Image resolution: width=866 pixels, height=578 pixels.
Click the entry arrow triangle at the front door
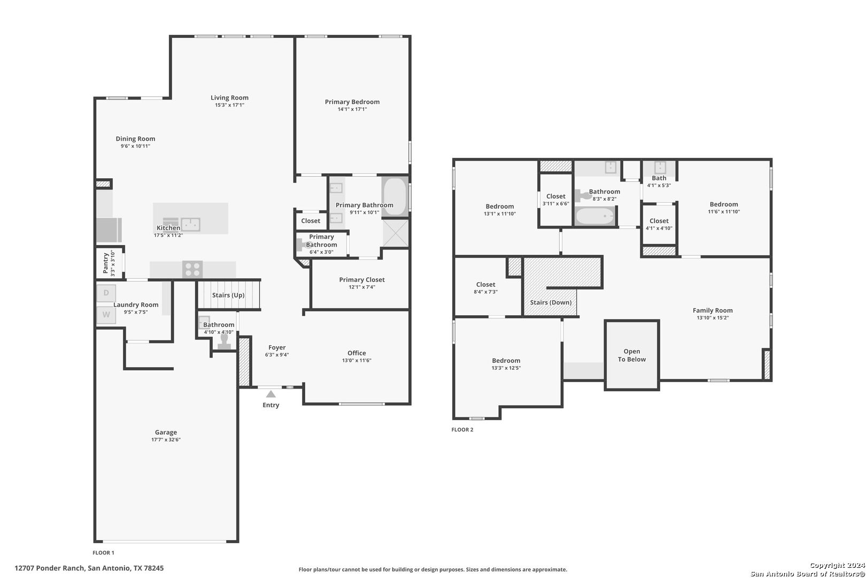[x=270, y=394]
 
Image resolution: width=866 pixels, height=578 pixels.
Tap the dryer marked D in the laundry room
[x=106, y=293]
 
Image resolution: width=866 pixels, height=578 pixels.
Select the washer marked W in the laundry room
[x=106, y=315]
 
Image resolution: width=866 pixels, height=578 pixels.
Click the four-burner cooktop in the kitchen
[x=192, y=269]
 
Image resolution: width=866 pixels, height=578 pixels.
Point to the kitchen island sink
[x=191, y=224]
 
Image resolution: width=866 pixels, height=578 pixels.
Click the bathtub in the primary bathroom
[x=395, y=196]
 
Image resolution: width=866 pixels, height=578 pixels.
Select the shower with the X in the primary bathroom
[x=396, y=233]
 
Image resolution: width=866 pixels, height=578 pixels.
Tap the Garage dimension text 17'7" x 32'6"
[x=166, y=439]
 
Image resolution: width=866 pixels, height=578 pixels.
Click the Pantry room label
[x=105, y=263]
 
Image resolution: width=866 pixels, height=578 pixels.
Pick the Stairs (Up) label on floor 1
[x=228, y=295]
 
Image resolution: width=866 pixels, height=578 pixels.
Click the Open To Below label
[x=632, y=355]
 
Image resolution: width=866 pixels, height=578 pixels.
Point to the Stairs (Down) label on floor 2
[x=551, y=302]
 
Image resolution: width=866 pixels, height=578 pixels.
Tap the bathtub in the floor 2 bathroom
[x=594, y=216]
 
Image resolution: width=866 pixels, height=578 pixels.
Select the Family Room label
[x=713, y=310]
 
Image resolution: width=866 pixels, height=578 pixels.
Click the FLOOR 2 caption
[x=462, y=429]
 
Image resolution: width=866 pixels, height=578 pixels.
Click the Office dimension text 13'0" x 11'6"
[x=357, y=360]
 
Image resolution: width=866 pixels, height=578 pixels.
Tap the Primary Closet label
[x=362, y=279]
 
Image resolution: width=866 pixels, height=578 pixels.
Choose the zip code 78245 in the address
[x=154, y=568]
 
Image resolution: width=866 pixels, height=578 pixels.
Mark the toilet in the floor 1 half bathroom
[x=224, y=341]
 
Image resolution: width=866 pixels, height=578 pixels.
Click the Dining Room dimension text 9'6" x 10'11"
[x=135, y=146]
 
